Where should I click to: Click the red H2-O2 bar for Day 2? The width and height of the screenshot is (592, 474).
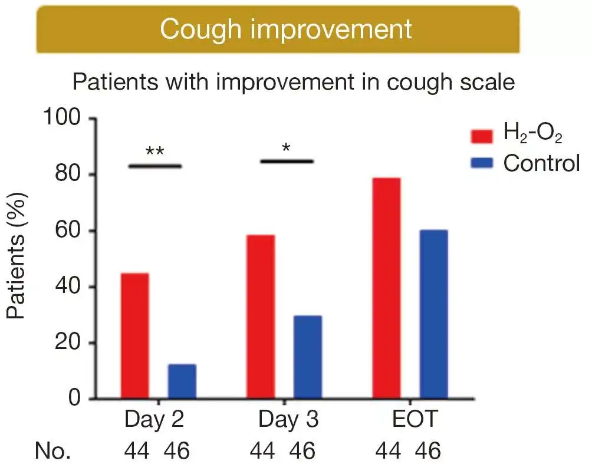[x=134, y=336]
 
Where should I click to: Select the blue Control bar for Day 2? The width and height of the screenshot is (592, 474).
[x=182, y=381]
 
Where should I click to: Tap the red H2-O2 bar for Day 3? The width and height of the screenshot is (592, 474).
[x=261, y=317]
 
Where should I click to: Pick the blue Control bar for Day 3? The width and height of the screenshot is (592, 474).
[x=308, y=357]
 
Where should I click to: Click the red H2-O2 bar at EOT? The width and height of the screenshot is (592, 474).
[x=386, y=288]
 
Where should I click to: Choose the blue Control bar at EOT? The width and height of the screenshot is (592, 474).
[x=433, y=314]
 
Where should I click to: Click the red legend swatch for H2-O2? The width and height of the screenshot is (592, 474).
[x=482, y=136]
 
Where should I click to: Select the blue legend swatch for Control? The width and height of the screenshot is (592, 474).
[x=482, y=163]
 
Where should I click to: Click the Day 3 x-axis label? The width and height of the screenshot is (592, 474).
[x=288, y=420]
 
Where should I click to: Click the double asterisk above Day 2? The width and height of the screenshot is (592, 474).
[x=154, y=151]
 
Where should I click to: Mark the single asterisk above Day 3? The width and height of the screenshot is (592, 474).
[x=286, y=147]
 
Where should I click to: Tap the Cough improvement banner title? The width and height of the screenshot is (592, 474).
[x=286, y=29]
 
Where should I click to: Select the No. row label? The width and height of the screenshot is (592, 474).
[x=53, y=452]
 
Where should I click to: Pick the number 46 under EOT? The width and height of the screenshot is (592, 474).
[x=428, y=452]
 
